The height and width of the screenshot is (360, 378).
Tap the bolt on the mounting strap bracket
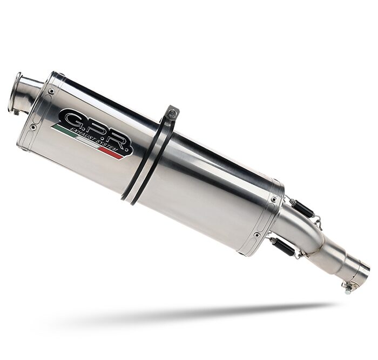pyautogui.click(x=172, y=114)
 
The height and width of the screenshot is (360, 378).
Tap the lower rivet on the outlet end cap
pyautogui.click(x=33, y=127)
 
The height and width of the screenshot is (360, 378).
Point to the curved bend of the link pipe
pyautogui.click(x=310, y=235)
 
